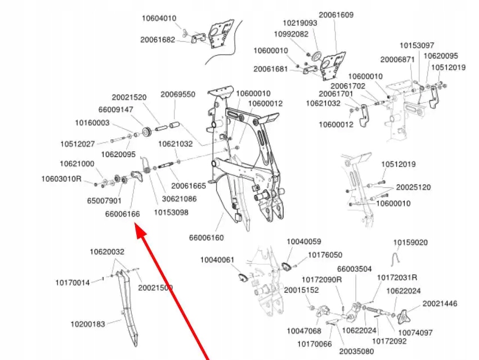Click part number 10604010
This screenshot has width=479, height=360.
158,19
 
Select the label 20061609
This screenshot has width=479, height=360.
336,15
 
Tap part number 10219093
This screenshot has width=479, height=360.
299,24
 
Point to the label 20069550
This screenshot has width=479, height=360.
178,94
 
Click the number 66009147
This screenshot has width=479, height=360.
116,110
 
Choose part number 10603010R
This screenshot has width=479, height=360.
61,179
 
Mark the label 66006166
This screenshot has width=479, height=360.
122,214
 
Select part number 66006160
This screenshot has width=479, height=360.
206,237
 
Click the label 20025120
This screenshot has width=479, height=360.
413,187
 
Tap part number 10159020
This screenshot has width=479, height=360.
410,242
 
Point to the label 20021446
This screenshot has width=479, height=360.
440,304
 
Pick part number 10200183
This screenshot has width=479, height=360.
87,324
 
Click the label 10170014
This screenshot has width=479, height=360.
72,282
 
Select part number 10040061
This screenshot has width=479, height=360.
217,260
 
